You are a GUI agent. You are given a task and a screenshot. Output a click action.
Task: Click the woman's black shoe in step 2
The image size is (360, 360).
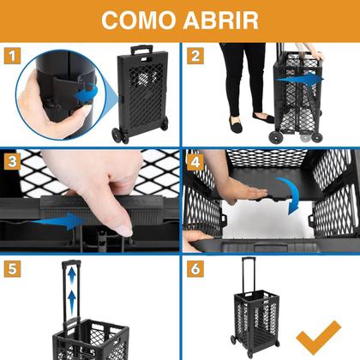pos(263,117)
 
